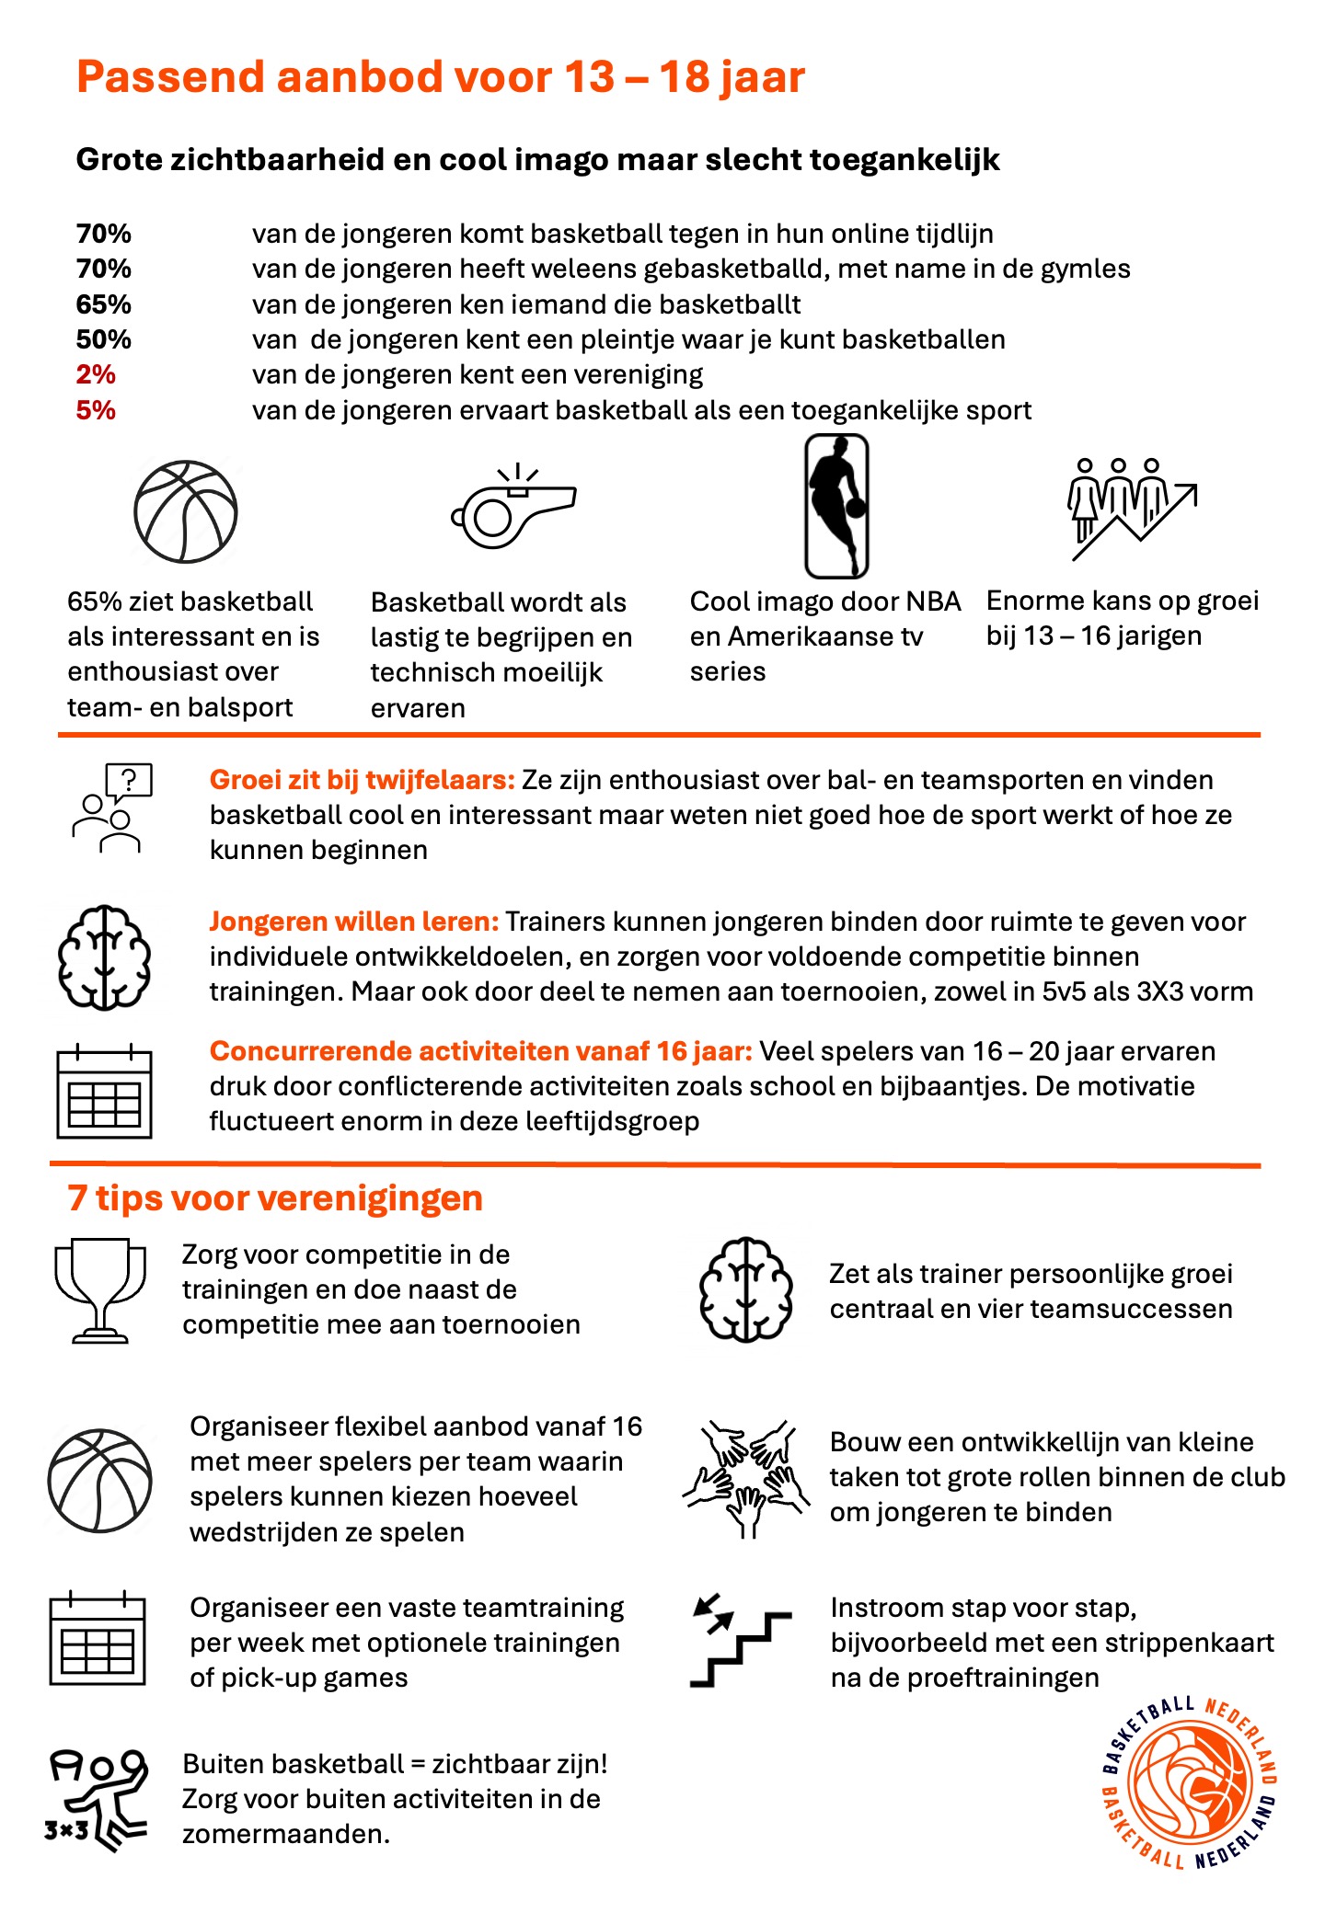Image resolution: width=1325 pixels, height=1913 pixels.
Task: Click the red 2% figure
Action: click(96, 375)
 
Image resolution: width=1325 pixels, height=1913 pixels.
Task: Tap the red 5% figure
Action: click(96, 410)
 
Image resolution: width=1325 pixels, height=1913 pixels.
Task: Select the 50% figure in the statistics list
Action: click(103, 339)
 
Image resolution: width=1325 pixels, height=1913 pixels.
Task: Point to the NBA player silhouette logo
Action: click(836, 506)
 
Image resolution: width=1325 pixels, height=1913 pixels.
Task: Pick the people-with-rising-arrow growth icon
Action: click(1131, 509)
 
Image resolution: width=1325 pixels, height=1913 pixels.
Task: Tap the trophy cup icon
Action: click(100, 1289)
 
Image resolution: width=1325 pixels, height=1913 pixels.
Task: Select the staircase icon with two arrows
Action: click(739, 1642)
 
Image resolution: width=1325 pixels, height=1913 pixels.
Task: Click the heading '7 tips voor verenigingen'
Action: click(275, 1198)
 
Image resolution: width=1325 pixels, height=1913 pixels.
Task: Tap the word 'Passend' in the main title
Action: click(170, 76)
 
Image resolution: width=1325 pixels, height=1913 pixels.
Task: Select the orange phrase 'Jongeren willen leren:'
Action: click(354, 922)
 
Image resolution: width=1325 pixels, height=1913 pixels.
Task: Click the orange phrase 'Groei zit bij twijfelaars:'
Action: click(362, 780)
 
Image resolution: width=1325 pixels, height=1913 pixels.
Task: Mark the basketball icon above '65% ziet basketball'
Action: click(186, 511)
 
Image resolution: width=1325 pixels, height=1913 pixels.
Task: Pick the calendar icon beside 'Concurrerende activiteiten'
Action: click(104, 1092)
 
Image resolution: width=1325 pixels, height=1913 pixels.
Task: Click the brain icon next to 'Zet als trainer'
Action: click(746, 1289)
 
